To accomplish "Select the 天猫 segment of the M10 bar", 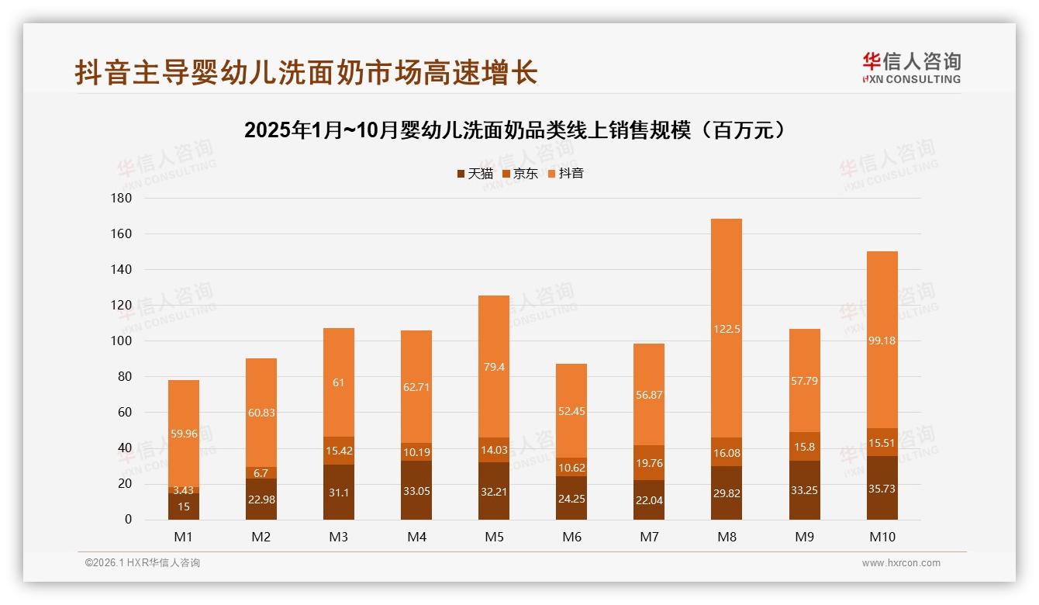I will (x=882, y=489).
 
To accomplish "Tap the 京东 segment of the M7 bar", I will (x=649, y=463).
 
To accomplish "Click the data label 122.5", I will (x=727, y=329).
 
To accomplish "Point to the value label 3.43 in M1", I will (x=183, y=490).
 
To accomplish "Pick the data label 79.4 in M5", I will (x=494, y=367).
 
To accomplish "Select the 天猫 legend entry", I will (x=475, y=174).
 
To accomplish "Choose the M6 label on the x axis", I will (x=571, y=538).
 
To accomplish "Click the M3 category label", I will (x=339, y=538).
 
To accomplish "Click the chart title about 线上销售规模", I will (x=519, y=130).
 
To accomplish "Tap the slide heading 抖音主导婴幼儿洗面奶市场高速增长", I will (x=305, y=73).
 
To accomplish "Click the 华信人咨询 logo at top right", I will (x=911, y=67).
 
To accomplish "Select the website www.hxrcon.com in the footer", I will (x=901, y=563).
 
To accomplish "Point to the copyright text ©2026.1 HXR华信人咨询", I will (x=143, y=563).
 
